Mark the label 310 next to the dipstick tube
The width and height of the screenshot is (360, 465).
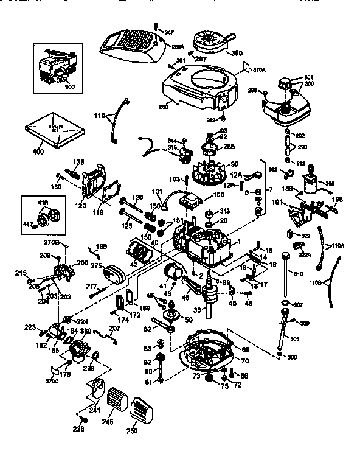coord(298,274)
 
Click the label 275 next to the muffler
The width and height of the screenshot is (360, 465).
coord(95,266)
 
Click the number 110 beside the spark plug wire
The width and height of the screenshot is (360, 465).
coord(99,114)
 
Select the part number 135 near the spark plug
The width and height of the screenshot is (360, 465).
coord(78,162)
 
